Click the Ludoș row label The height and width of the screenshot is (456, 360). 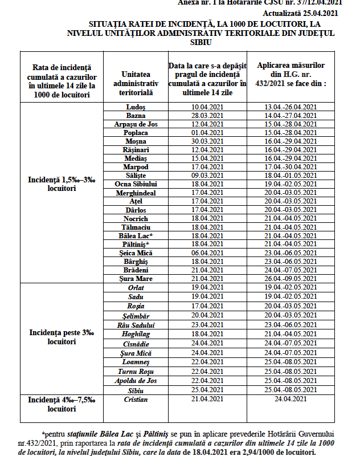point(136,107)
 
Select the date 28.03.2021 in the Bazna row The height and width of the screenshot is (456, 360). point(207,116)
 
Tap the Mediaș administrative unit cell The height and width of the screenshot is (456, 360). point(136,158)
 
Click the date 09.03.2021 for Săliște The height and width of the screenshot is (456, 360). point(207,176)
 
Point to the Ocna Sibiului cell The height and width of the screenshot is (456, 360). point(136,184)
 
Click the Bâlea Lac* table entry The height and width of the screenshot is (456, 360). point(136,235)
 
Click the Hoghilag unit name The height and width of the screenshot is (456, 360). point(136,333)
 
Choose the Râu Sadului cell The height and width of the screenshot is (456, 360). point(136,325)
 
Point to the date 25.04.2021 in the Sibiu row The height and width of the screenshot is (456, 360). point(207,390)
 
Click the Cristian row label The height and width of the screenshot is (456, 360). point(136,399)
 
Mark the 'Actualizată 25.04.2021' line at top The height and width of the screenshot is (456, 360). point(302,13)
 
